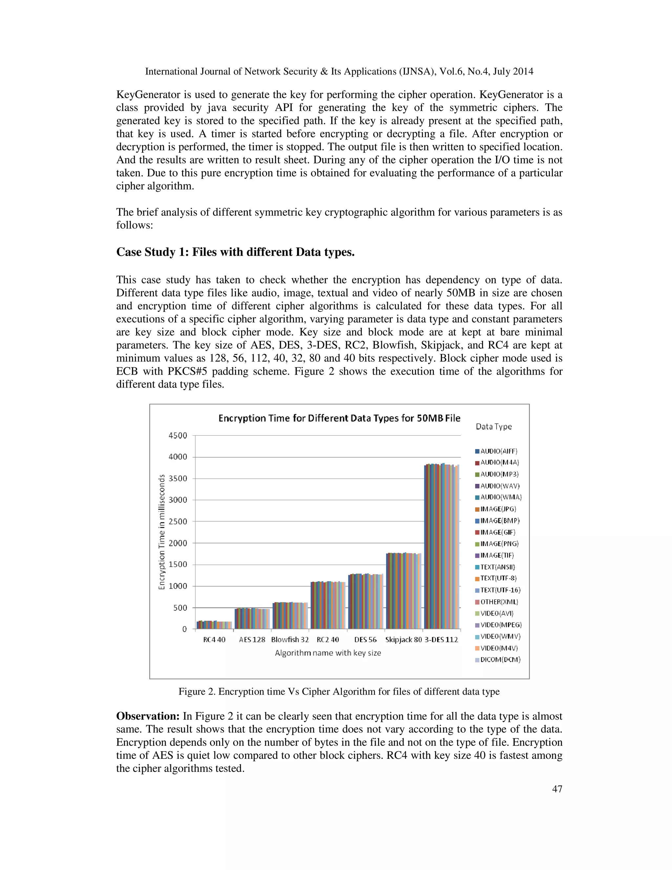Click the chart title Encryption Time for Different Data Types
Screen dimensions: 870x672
(339, 418)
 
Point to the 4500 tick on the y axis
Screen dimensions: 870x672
(178, 435)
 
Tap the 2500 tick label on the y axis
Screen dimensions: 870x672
(178, 521)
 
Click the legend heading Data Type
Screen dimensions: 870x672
(493, 427)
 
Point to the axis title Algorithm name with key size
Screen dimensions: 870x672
(328, 653)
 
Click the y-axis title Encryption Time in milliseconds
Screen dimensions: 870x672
(162, 532)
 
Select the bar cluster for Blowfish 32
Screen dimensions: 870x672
(290, 616)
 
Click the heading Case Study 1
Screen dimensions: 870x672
(235, 252)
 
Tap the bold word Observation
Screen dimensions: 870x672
(148, 716)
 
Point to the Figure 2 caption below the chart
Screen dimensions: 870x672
(339, 691)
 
